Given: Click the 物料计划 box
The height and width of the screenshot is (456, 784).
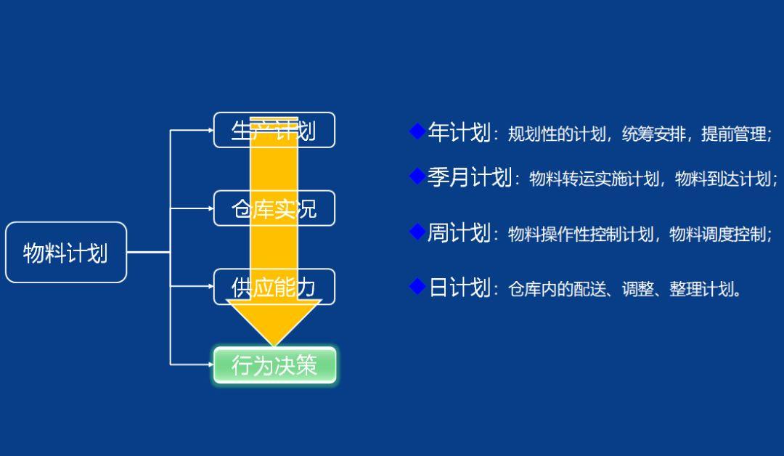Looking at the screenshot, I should click(x=66, y=252).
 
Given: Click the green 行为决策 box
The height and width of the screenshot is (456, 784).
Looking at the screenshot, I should click(x=274, y=365).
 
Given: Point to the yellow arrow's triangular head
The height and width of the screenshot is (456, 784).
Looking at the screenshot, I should click(x=274, y=319).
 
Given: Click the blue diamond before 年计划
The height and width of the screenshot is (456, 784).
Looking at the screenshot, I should click(x=417, y=131).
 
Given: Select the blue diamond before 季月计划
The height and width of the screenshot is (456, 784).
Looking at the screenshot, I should click(x=417, y=176).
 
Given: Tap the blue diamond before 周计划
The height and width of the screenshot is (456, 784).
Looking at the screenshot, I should click(x=417, y=232).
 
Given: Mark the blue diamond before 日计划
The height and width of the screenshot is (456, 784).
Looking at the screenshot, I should click(x=417, y=287).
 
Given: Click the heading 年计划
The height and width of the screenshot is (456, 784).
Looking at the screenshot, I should click(x=459, y=133).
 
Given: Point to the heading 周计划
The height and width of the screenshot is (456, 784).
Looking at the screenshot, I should click(x=459, y=233).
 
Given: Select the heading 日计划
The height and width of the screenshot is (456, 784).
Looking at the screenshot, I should click(x=459, y=288).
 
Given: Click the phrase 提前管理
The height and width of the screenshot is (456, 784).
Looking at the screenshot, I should click(x=733, y=134).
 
